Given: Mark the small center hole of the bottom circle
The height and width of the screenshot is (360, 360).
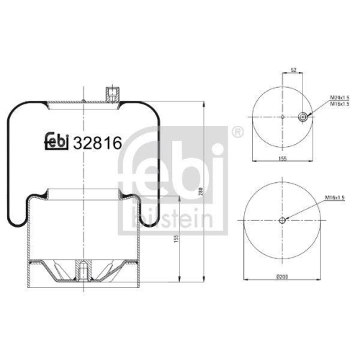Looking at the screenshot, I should pos(282,220).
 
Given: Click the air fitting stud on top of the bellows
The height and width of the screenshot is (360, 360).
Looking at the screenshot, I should pos(110,94).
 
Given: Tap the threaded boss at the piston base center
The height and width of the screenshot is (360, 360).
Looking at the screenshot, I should pos(84,272).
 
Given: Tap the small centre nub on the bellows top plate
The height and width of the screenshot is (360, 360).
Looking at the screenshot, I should pos(84,101).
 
